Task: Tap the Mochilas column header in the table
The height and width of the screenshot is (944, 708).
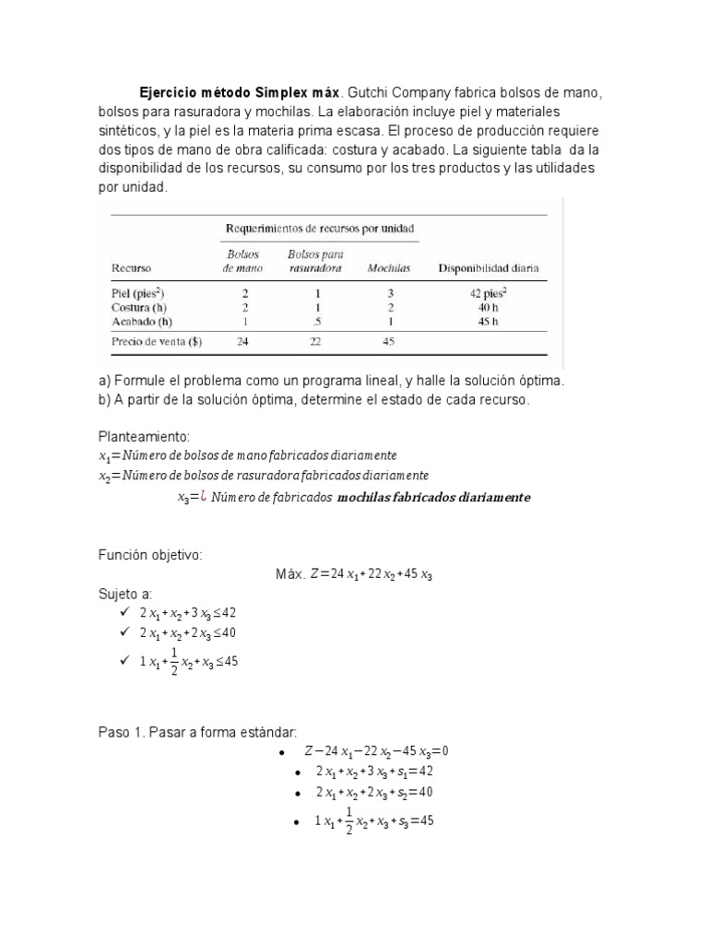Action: click(389, 268)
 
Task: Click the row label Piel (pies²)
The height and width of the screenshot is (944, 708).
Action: click(138, 292)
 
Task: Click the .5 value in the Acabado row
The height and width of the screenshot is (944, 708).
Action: click(316, 321)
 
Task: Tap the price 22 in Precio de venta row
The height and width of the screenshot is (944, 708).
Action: click(316, 342)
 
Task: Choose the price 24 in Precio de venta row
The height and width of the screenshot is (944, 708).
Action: click(242, 342)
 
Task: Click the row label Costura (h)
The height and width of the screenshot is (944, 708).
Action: click(138, 307)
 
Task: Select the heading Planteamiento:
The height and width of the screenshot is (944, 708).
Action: click(143, 436)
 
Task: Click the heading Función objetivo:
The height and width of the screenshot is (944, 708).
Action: click(149, 555)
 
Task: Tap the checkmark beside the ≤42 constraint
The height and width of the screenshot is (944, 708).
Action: click(124, 611)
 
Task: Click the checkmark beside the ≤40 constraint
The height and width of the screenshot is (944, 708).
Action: click(124, 631)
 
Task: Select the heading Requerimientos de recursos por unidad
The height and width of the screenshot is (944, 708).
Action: click(320, 227)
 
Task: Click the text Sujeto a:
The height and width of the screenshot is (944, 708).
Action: click(125, 592)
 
